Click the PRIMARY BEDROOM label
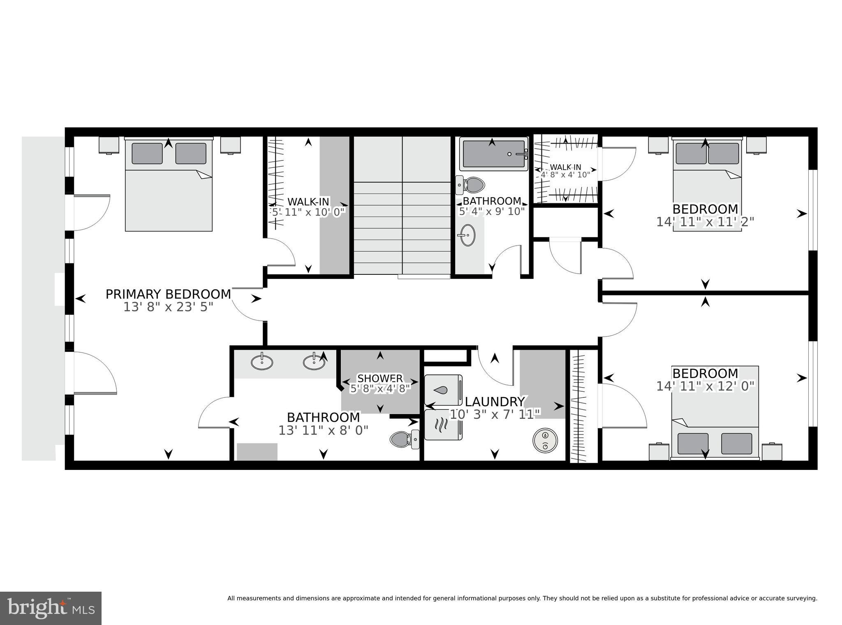pos(168,294)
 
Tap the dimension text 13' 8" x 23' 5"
pos(168,307)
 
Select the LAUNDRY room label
pos(495,402)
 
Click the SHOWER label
pos(380,378)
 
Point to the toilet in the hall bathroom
pos(471,185)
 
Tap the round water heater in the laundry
pos(545,441)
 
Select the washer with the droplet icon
pos(443,390)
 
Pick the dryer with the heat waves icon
pos(443,425)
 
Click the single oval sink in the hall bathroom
pos(467,235)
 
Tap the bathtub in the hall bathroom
pos(493,154)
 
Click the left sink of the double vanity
pos(261,362)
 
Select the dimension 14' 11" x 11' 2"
pos(705,222)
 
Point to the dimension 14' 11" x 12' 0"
pos(705,386)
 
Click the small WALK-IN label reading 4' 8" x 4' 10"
pos(566,174)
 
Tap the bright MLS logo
pos(51,608)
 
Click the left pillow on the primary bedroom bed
pos(147,153)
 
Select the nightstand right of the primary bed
pos(230,145)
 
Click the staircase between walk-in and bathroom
pos(402,214)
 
